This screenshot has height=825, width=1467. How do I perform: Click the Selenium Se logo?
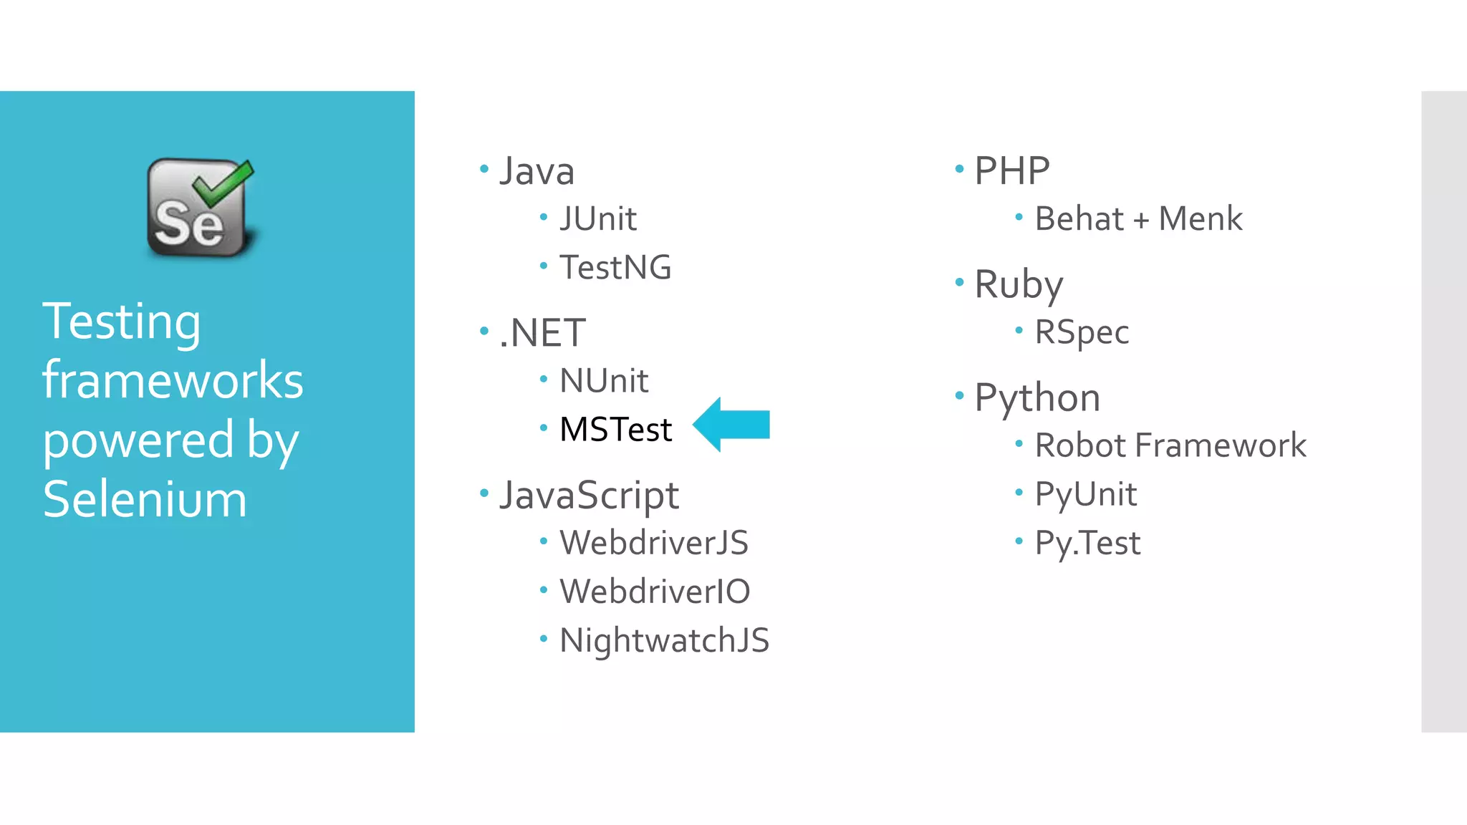199,208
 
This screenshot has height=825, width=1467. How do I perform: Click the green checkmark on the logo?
224,180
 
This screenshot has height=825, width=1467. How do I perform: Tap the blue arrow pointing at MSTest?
731,425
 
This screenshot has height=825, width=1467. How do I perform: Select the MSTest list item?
615,430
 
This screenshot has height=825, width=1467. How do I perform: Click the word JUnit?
598,219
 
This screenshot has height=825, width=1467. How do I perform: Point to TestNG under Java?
615,268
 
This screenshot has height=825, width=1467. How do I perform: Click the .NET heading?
542,333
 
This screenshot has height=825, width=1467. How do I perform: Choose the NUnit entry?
604,381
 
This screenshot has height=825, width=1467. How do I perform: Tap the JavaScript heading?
589,496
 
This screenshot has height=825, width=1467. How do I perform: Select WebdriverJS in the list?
653,543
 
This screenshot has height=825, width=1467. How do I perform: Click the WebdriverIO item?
655,592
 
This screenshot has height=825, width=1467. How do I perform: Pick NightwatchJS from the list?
664,640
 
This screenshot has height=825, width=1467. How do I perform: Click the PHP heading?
1011,172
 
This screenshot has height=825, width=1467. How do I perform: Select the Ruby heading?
1019,285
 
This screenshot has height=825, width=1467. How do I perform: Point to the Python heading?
1037,398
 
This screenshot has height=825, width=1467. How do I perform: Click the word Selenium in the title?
145,499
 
